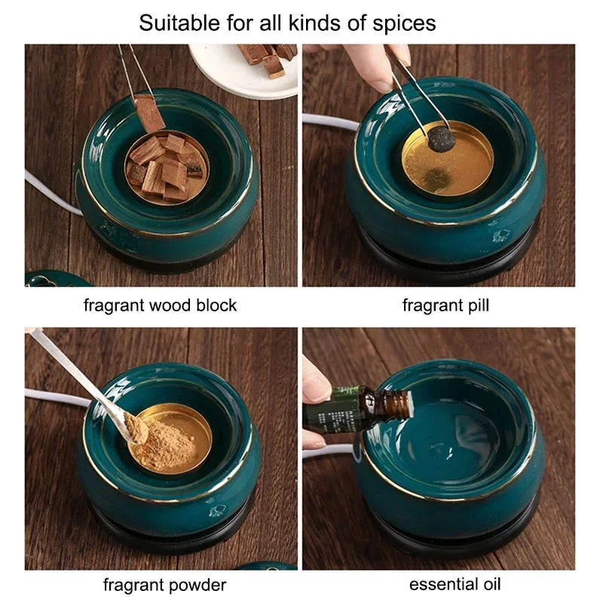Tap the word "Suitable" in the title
click(179, 23)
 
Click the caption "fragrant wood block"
click(160, 305)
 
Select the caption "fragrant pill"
click(445, 305)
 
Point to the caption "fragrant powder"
click(164, 585)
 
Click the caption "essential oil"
click(455, 584)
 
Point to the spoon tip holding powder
click(135, 427)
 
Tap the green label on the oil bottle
click(339, 410)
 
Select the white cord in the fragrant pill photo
click(331, 121)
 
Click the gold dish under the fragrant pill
click(448, 161)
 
